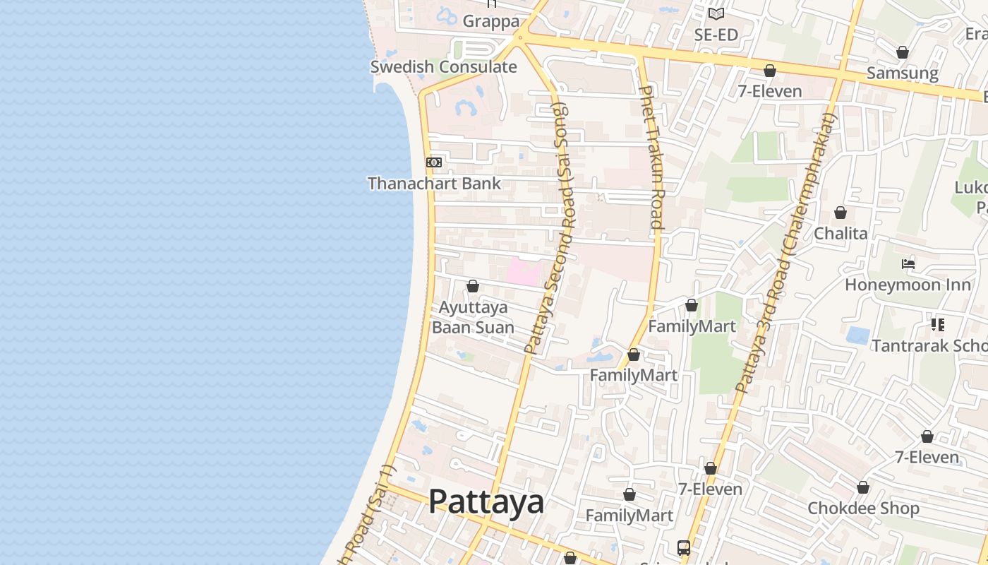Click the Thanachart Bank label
click(434, 184)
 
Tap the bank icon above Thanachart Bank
click(434, 162)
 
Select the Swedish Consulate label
click(443, 67)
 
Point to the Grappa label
click(490, 21)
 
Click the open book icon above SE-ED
click(716, 13)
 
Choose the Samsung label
click(902, 73)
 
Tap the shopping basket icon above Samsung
click(902, 52)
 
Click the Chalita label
click(841, 233)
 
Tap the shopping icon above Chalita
click(841, 213)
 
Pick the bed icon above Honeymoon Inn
click(908, 264)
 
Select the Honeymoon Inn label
click(903, 285)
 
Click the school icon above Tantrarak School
click(937, 325)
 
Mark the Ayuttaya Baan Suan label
click(473, 318)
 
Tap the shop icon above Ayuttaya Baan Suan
click(473, 286)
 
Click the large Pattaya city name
click(486, 502)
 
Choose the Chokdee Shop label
click(863, 508)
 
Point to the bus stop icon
click(684, 547)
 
